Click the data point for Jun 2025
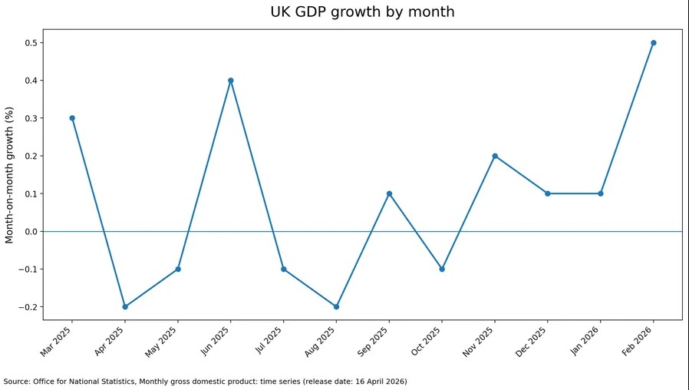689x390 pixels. [231, 81]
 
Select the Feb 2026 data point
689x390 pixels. [654, 43]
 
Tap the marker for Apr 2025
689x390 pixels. [125, 307]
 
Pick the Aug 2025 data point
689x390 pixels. [336, 307]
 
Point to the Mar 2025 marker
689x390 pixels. [72, 118]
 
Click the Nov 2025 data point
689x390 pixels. [495, 156]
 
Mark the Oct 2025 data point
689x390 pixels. [442, 269]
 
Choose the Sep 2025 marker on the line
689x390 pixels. [389, 193]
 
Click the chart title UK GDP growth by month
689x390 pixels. [362, 12]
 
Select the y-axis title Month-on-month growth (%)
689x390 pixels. [10, 175]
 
